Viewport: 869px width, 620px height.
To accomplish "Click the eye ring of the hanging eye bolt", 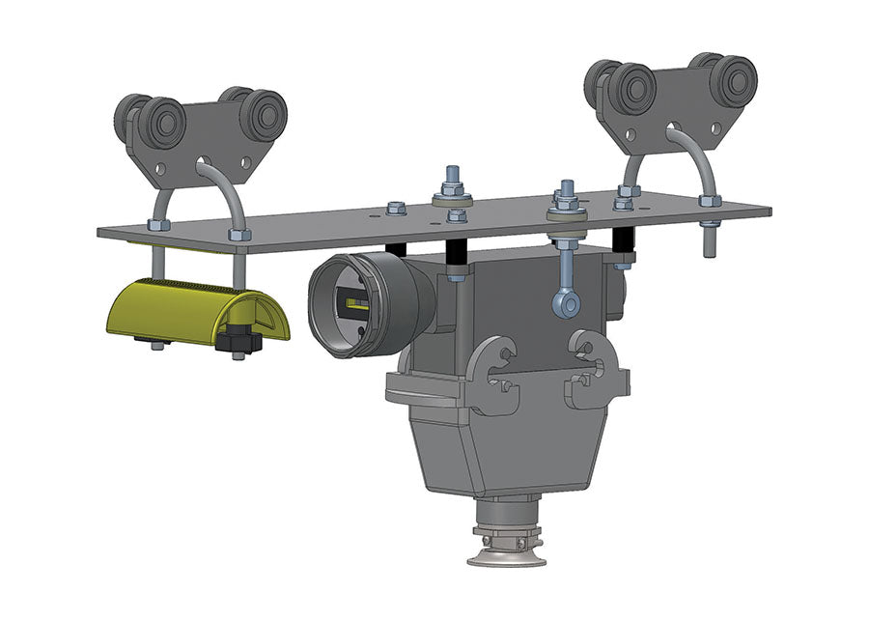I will point(567,305).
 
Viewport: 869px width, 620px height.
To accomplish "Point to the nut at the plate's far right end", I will point(710,202).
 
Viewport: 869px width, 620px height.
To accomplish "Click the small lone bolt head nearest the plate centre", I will point(395,208).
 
